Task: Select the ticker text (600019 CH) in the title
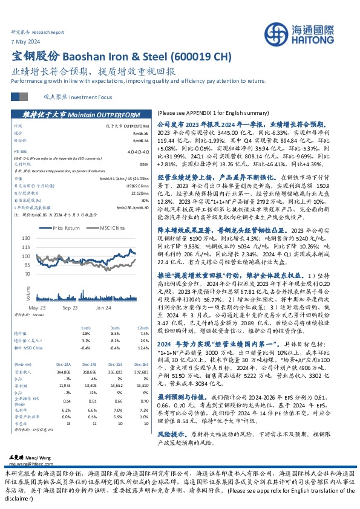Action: point(200,56)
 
